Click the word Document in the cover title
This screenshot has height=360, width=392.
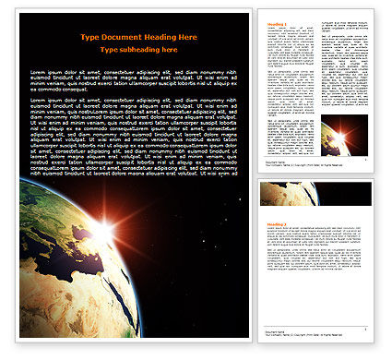121,37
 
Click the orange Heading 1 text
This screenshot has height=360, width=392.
276,25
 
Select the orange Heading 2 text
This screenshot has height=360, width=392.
276,224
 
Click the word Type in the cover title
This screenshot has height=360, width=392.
89,37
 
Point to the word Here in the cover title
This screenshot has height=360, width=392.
187,37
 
